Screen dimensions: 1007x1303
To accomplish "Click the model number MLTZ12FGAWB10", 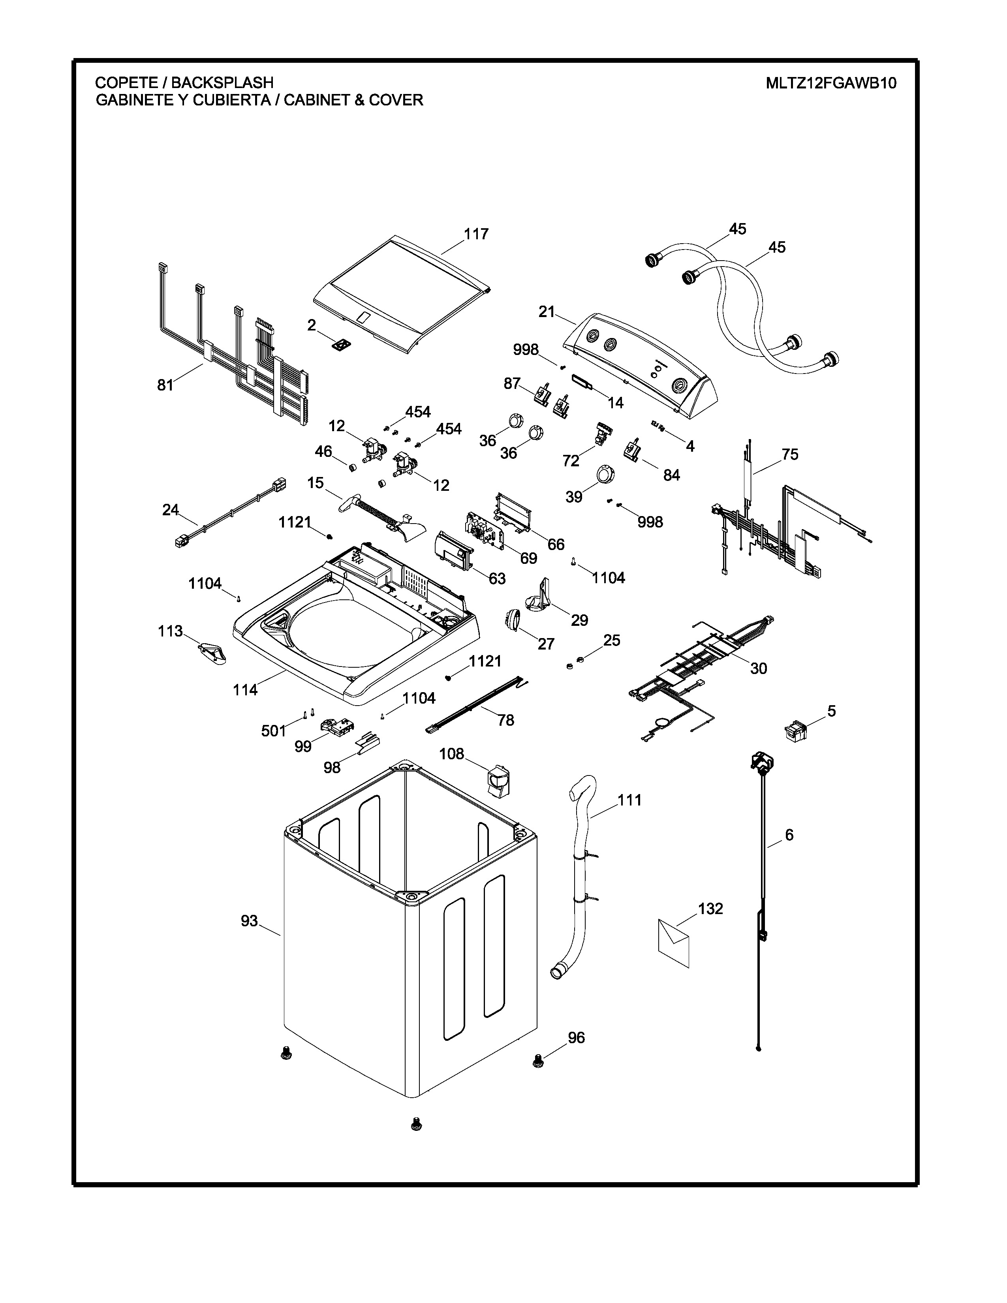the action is tap(831, 83).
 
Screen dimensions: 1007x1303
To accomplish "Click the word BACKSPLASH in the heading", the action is tap(222, 83).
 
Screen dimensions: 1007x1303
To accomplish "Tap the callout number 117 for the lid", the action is tap(476, 235).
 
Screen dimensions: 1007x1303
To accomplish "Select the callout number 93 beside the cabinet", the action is tap(249, 921).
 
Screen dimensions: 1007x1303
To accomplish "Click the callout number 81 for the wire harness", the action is tap(165, 385).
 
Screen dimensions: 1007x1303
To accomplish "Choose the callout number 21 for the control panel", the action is tap(547, 312).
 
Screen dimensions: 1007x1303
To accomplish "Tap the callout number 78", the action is tap(506, 720).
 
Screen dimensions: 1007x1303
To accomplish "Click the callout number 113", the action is tap(170, 631).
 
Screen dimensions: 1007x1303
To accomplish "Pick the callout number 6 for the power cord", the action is tap(789, 835).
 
